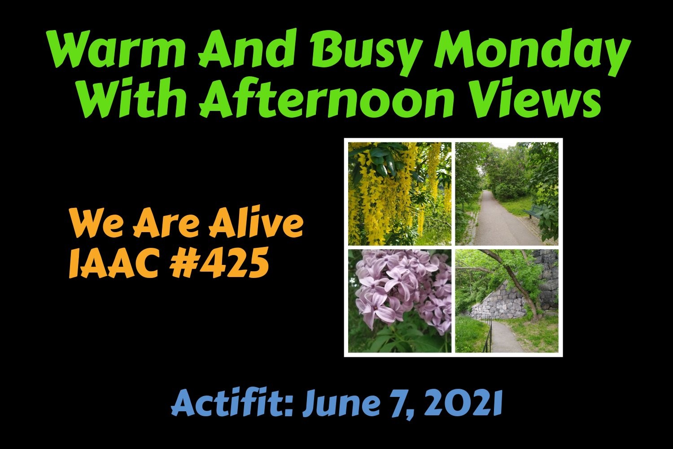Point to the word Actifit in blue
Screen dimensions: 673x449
click(232, 403)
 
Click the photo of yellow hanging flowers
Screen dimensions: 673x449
click(400, 194)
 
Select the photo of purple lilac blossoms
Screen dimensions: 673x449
click(400, 301)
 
